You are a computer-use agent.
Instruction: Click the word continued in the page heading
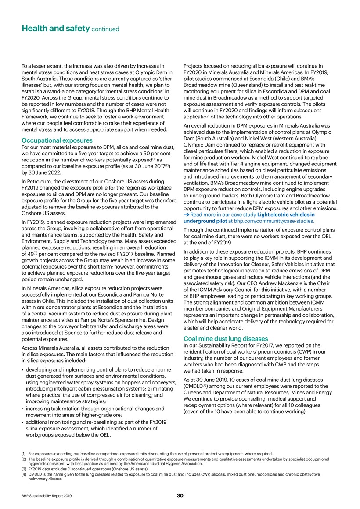[105, 30]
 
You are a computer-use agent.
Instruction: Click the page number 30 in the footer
[180, 496]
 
